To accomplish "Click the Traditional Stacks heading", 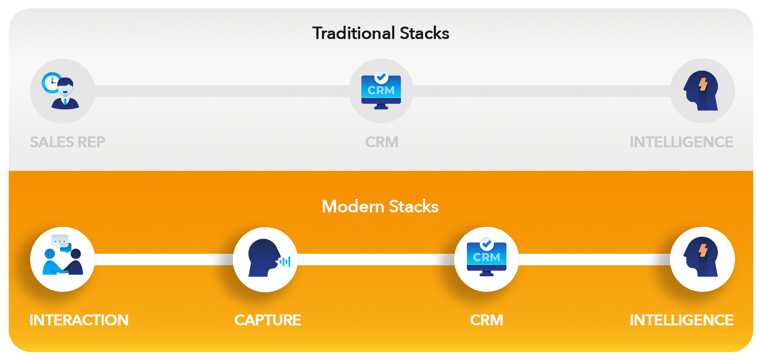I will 380,33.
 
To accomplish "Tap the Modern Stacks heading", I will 380,207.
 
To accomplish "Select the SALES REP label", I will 67,142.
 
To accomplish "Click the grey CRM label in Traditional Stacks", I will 382,142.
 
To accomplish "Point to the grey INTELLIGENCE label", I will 681,142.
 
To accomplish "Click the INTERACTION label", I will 79,320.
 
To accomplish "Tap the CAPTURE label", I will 267,320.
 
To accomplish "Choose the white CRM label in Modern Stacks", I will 486,320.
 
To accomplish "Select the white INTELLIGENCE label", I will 681,320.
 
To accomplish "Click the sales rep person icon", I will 65,94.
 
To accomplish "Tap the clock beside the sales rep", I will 51,82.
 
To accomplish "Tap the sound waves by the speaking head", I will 285,262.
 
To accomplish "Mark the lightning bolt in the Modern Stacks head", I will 703,250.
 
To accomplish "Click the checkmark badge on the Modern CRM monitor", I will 487,243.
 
